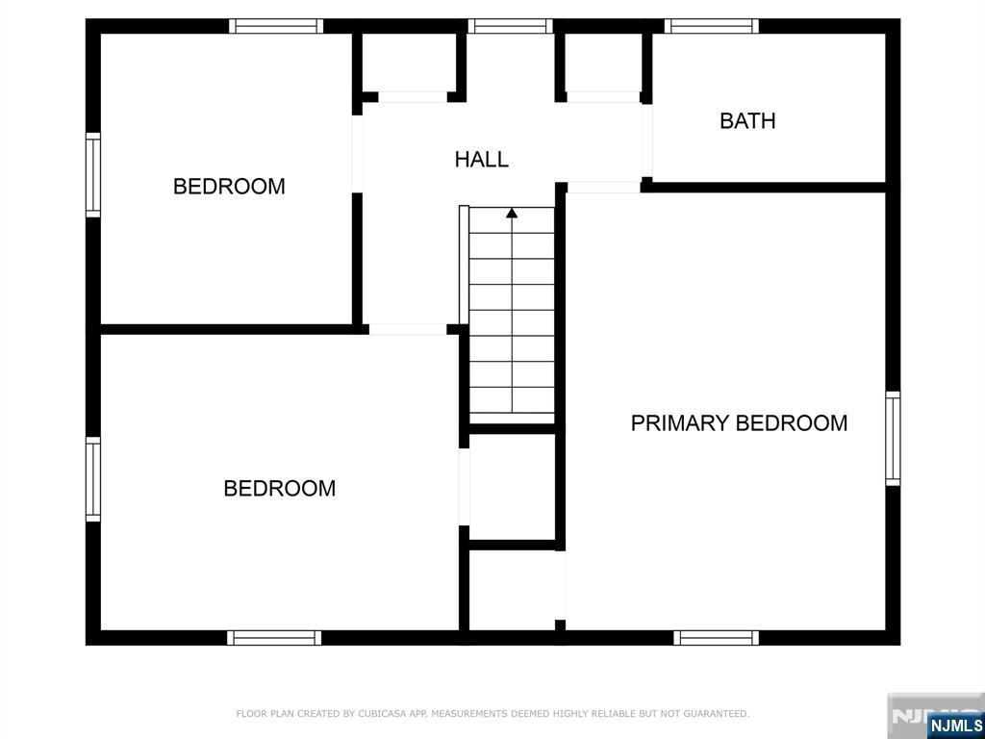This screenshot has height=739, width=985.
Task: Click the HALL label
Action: [x=481, y=159]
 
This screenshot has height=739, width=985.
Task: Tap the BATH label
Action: [x=747, y=120]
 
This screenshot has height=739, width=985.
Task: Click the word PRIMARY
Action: [x=679, y=423]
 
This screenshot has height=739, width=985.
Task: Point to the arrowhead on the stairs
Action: [x=512, y=213]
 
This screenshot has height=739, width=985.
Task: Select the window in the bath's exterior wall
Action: [x=712, y=26]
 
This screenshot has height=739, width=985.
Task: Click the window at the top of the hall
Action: [x=510, y=26]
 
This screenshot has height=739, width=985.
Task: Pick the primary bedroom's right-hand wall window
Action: [x=893, y=439]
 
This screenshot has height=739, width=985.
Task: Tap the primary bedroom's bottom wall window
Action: [x=716, y=638]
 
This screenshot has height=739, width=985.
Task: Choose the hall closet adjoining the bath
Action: [x=604, y=63]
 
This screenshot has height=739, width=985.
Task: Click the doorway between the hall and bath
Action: [x=646, y=142]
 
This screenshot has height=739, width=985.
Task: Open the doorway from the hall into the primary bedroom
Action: [x=604, y=188]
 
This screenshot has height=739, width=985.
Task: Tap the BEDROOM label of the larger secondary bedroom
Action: [x=280, y=488]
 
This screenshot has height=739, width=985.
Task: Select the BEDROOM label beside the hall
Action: [x=229, y=186]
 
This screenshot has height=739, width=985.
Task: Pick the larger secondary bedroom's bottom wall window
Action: [x=274, y=638]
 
